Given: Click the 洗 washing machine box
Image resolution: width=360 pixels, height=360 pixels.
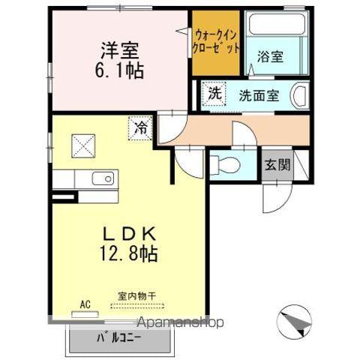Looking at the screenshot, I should [x=214, y=95].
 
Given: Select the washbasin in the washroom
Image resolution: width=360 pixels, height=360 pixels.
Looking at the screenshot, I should [x=298, y=97].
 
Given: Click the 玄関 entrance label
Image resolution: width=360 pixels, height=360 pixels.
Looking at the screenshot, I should [x=276, y=164].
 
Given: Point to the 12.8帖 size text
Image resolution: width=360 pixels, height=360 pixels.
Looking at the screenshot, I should [x=125, y=253].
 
